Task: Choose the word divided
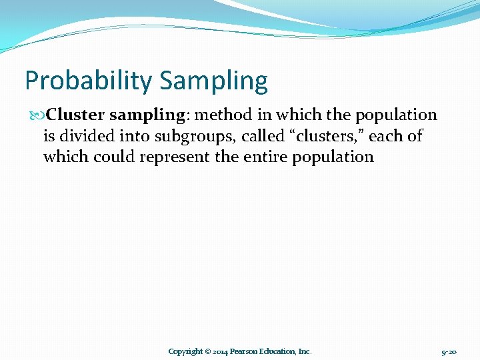85,136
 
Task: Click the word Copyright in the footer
185,351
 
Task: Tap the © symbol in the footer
208,351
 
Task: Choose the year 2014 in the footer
221,351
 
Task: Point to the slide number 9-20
449,351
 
